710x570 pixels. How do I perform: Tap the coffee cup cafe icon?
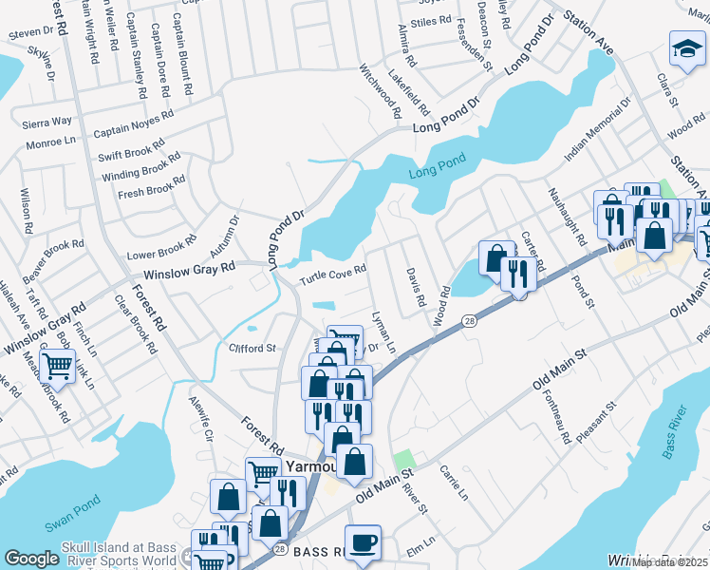[364, 542]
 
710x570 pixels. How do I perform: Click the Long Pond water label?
[434, 174]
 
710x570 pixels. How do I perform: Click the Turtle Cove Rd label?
[333, 275]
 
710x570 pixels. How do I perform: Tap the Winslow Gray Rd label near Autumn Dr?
[188, 270]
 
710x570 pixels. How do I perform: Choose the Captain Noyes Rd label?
[134, 123]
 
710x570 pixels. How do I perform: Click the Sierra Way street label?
[48, 122]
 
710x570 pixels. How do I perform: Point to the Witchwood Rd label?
[380, 90]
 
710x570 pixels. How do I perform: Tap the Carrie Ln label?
[453, 483]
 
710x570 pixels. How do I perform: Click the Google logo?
[31, 559]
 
